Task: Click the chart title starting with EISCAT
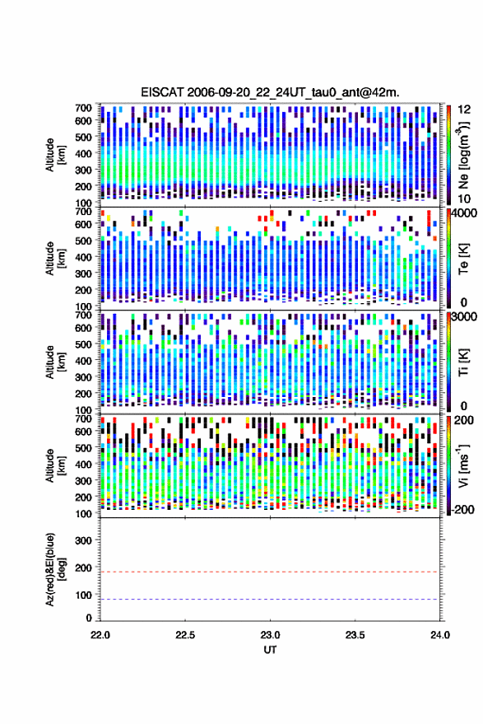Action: pyautogui.click(x=270, y=92)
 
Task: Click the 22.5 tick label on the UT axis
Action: pyautogui.click(x=185, y=635)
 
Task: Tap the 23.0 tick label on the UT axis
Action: pyautogui.click(x=271, y=635)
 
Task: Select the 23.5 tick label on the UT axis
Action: pyautogui.click(x=355, y=635)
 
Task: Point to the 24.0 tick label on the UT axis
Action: pyautogui.click(x=439, y=635)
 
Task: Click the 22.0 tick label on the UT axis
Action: pyautogui.click(x=100, y=635)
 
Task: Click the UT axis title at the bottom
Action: pyautogui.click(x=271, y=650)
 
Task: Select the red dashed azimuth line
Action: pyautogui.click(x=271, y=572)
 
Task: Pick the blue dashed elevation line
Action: pyautogui.click(x=271, y=600)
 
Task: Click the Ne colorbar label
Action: pyautogui.click(x=464, y=155)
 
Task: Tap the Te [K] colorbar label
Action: pyautogui.click(x=463, y=259)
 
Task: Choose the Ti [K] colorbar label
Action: pyautogui.click(x=463, y=362)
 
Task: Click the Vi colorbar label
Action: pyautogui.click(x=463, y=465)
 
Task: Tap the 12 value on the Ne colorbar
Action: pyautogui.click(x=464, y=110)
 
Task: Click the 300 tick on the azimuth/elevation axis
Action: pyautogui.click(x=83, y=540)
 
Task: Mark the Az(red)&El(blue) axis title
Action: pyautogui.click(x=54, y=570)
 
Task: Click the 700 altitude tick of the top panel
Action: pyautogui.click(x=83, y=108)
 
